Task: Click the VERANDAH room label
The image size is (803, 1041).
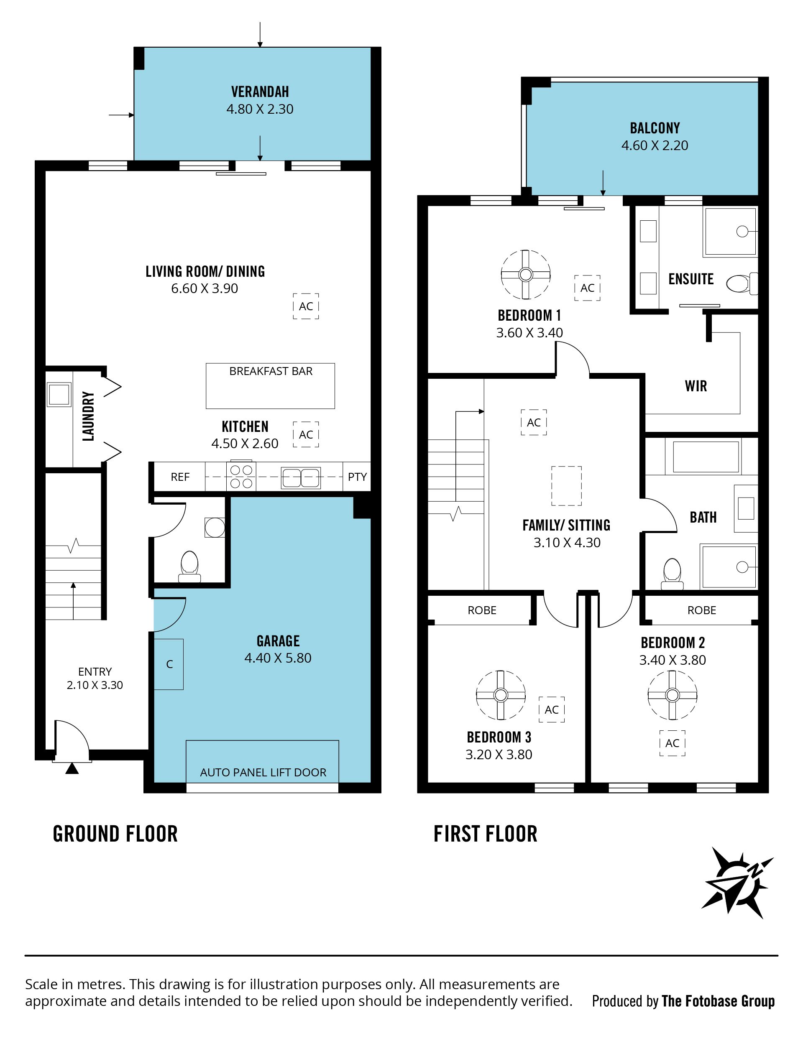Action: pyautogui.click(x=260, y=92)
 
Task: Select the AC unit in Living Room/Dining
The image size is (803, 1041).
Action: pyautogui.click(x=306, y=306)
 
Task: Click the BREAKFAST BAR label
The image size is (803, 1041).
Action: pyautogui.click(x=271, y=371)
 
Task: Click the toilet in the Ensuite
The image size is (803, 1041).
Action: pyautogui.click(x=742, y=283)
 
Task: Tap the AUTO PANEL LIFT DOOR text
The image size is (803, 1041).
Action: pyautogui.click(x=263, y=773)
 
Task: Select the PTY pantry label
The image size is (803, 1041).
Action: pyautogui.click(x=357, y=477)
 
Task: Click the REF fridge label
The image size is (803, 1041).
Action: pyautogui.click(x=180, y=477)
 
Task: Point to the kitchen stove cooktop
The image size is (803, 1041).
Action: pyautogui.click(x=241, y=476)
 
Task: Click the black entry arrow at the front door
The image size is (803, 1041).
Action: pyautogui.click(x=72, y=768)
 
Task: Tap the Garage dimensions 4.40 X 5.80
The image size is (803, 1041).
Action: pyautogui.click(x=278, y=658)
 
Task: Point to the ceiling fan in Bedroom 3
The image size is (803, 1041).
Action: pyautogui.click(x=501, y=695)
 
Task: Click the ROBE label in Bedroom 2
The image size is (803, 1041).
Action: pyautogui.click(x=702, y=610)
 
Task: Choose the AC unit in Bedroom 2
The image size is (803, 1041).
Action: pyautogui.click(x=673, y=743)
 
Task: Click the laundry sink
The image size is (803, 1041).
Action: pyautogui.click(x=59, y=395)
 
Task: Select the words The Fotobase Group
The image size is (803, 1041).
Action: pyautogui.click(x=718, y=1001)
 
